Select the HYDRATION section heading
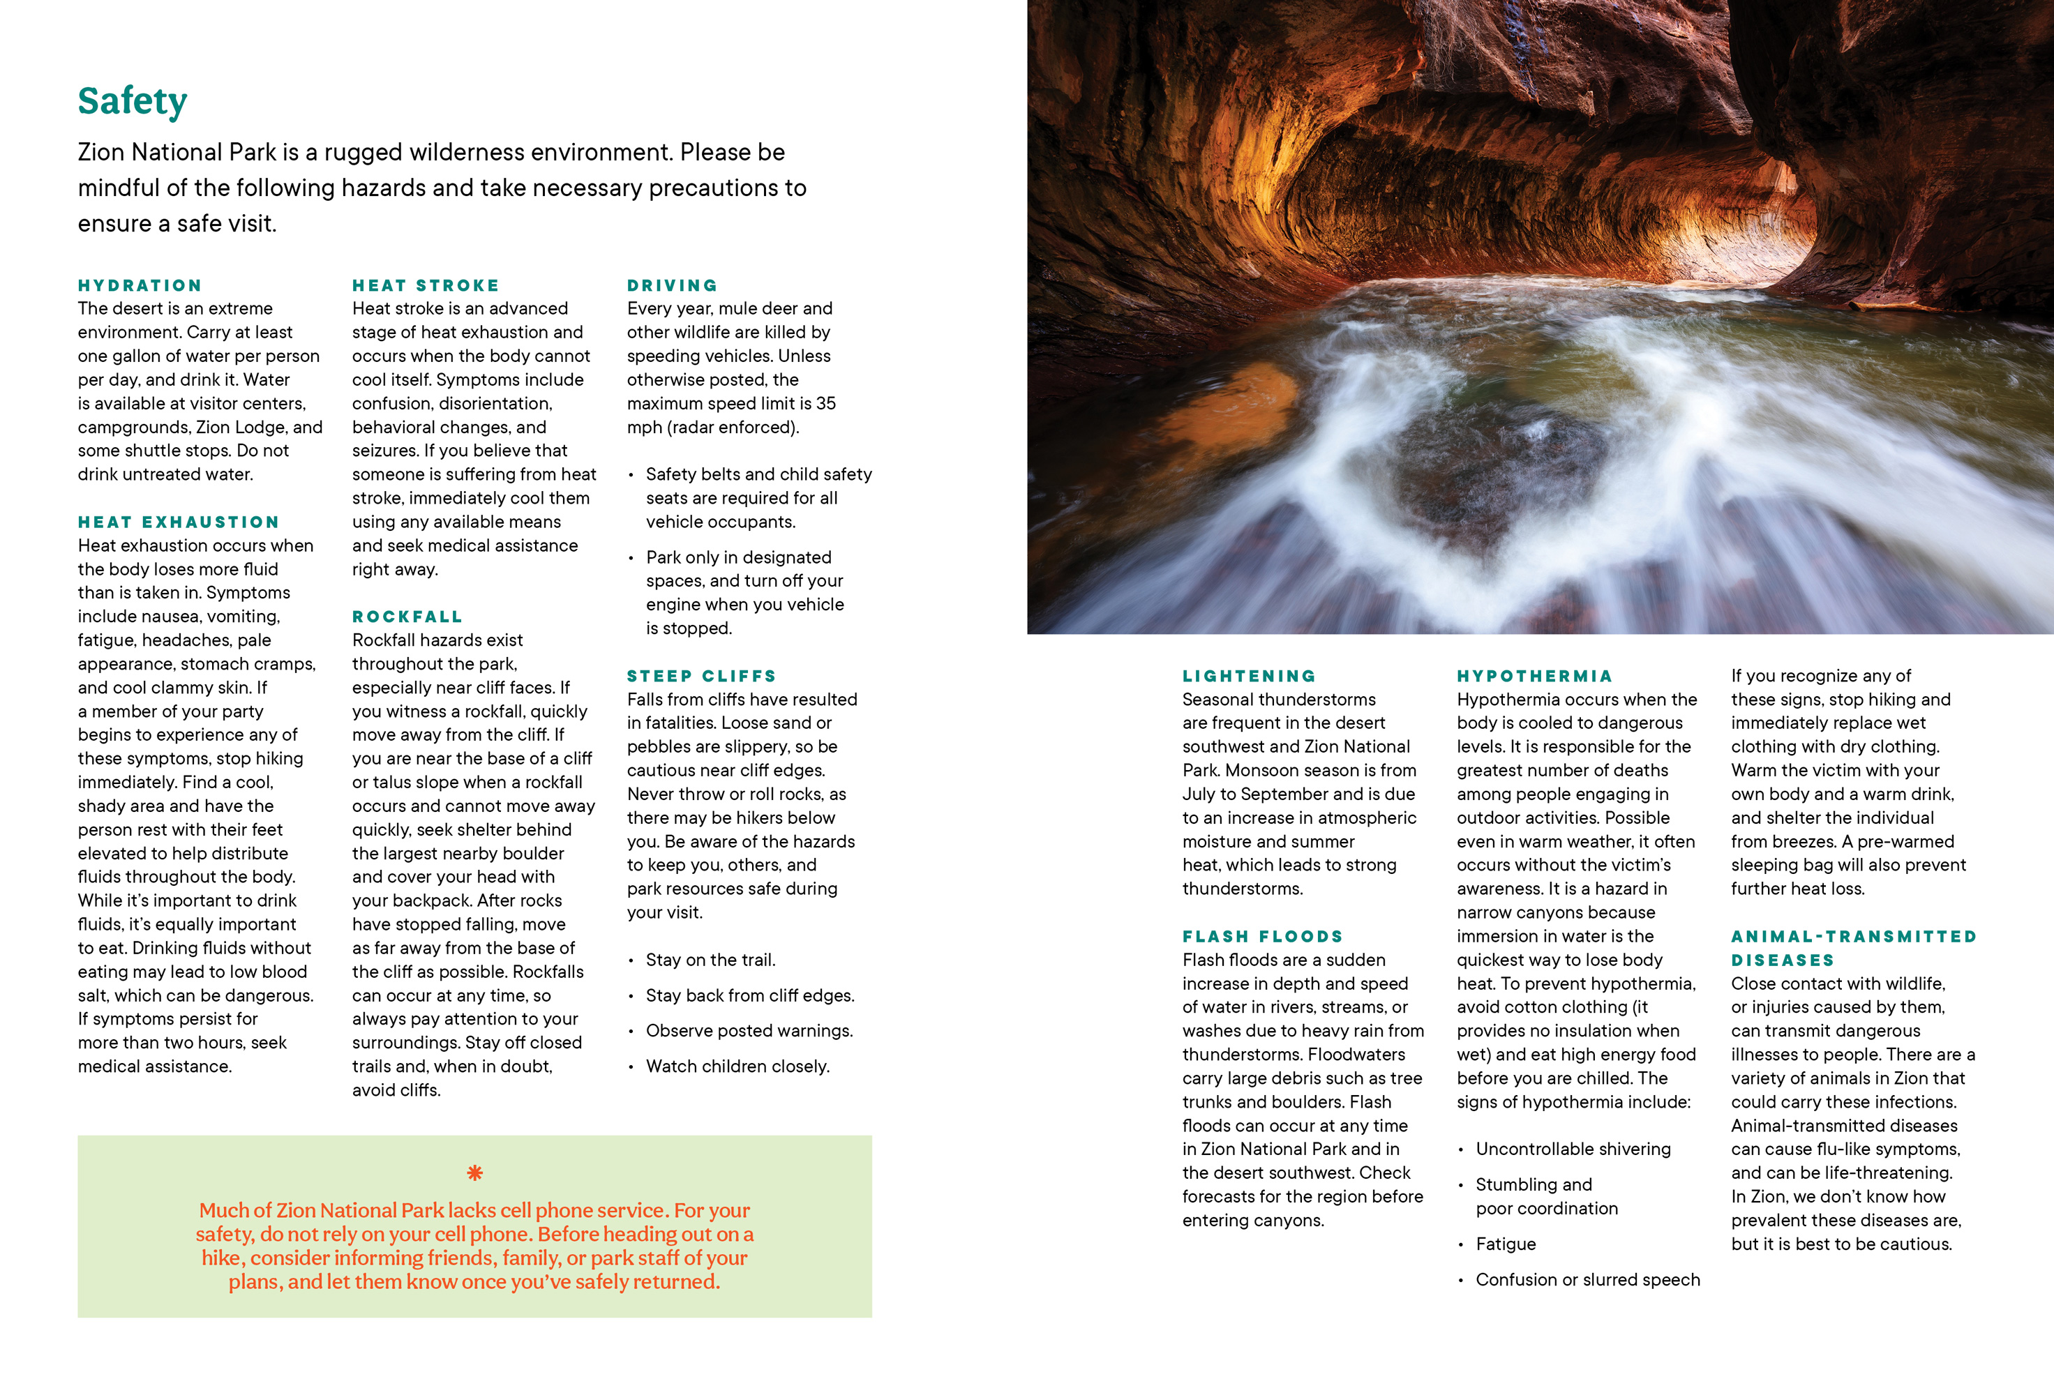coord(140,285)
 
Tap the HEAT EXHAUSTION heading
coord(179,522)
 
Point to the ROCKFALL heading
coord(407,617)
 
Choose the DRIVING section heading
coord(672,285)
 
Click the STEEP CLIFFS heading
coord(702,676)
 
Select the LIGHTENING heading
coord(1249,676)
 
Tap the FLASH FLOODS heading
coord(1262,937)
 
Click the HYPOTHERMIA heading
coord(1534,676)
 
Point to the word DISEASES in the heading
coord(1782,960)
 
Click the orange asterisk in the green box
coord(474,1173)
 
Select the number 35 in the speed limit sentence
coord(825,404)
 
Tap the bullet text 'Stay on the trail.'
coord(710,960)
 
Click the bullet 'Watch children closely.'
coord(737,1066)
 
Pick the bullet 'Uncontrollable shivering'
coord(1573,1149)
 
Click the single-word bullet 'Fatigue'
coord(1505,1244)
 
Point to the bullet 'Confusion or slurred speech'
coord(1587,1279)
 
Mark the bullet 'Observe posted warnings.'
coord(749,1031)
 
